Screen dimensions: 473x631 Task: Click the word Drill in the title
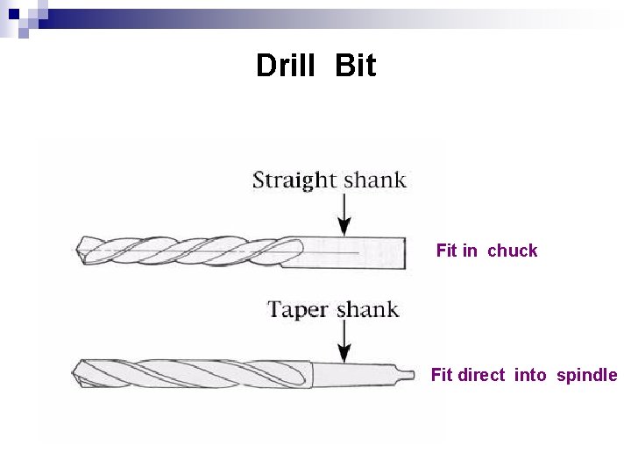pyautogui.click(x=286, y=66)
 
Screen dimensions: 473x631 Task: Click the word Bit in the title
pyautogui.click(x=355, y=66)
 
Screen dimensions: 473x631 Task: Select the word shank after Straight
pyautogui.click(x=374, y=180)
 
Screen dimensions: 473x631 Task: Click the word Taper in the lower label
pyautogui.click(x=298, y=310)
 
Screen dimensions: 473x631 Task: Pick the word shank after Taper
pyautogui.click(x=367, y=309)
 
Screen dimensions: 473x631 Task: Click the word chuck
pyautogui.click(x=512, y=251)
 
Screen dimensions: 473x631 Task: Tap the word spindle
pyautogui.click(x=586, y=375)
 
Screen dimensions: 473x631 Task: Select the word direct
pyautogui.click(x=481, y=375)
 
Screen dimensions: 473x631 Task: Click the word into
pyautogui.click(x=529, y=375)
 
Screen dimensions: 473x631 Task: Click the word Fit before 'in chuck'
pyautogui.click(x=446, y=251)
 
